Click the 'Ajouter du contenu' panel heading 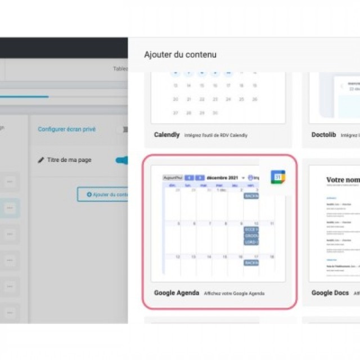pyautogui.click(x=180, y=55)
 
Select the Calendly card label pyautogui.click(x=167, y=135)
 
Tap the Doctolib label pyautogui.click(x=324, y=135)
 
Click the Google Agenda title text pyautogui.click(x=176, y=293)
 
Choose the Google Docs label pyautogui.click(x=330, y=293)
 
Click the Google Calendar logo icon pyautogui.click(x=278, y=177)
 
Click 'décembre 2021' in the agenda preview pyautogui.click(x=222, y=178)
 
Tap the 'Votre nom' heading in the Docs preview pyautogui.click(x=343, y=180)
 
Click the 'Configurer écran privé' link pyautogui.click(x=66, y=129)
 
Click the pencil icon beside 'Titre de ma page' pyautogui.click(x=41, y=160)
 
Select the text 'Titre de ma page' pyautogui.click(x=69, y=160)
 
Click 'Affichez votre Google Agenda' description pyautogui.click(x=234, y=294)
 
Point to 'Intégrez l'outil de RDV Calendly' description pyautogui.click(x=216, y=136)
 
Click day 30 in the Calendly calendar pyautogui.click(x=215, y=113)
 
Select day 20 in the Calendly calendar pyautogui.click(x=175, y=100)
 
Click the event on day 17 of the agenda pyautogui.click(x=251, y=263)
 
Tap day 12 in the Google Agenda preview pyautogui.click(x=177, y=257)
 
